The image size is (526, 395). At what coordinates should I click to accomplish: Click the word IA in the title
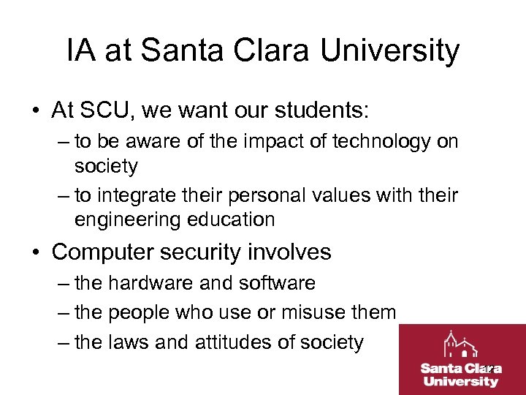pyautogui.click(x=82, y=51)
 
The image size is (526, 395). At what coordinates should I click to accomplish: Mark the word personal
pyautogui.click(x=270, y=195)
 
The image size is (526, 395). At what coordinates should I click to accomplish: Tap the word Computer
pyautogui.click(x=103, y=252)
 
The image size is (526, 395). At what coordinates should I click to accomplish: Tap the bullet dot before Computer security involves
pyautogui.click(x=37, y=253)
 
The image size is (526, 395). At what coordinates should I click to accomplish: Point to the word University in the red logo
pyautogui.click(x=461, y=381)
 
